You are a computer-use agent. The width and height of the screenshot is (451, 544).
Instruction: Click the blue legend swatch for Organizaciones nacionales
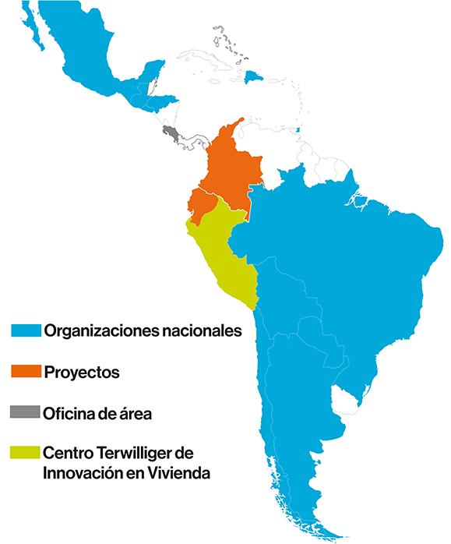[x=25, y=330]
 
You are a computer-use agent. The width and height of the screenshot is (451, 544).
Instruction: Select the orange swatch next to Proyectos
[x=25, y=371]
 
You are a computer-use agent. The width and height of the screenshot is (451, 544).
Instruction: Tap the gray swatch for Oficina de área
[x=25, y=412]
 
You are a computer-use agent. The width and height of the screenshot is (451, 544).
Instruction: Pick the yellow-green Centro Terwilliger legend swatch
[x=25, y=452]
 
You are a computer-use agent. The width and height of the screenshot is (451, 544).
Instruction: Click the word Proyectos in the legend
[x=82, y=373]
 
